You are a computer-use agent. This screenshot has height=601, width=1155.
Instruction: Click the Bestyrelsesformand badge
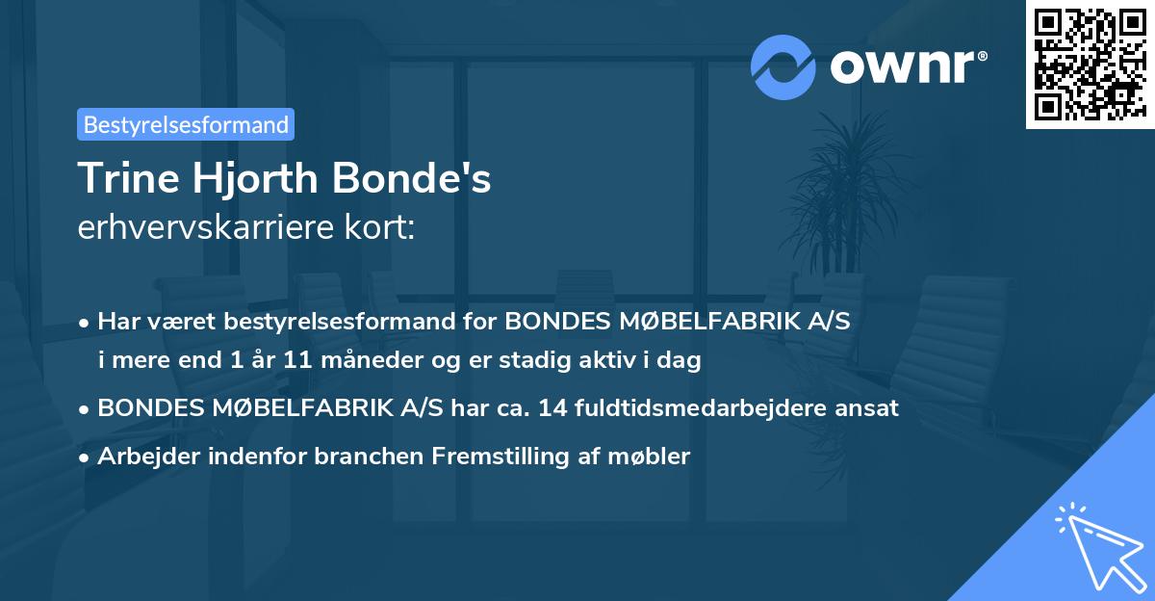click(x=186, y=124)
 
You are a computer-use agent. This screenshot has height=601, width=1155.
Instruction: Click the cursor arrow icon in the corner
click(x=1096, y=544)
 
